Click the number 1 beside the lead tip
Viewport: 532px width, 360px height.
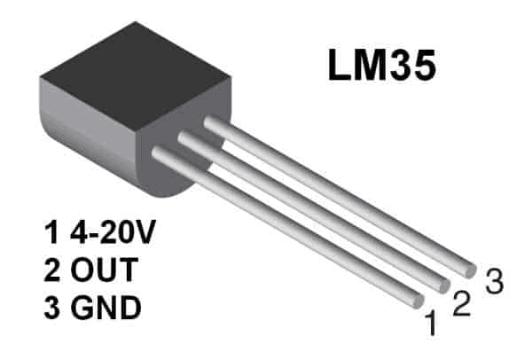tap(432, 326)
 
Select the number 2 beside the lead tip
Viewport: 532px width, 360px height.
tap(460, 304)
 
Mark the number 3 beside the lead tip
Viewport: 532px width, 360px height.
tap(494, 282)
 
